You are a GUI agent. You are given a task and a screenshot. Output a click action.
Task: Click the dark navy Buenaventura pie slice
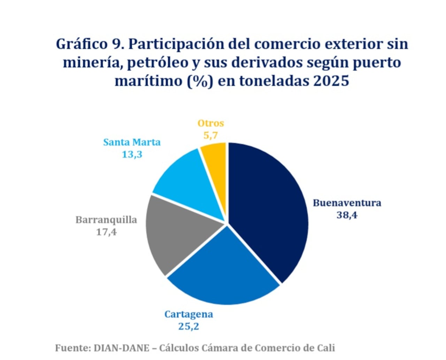pos(268,209)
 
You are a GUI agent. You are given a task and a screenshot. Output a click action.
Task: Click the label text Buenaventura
pos(347,203)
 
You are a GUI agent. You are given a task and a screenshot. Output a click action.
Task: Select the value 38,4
pos(347,215)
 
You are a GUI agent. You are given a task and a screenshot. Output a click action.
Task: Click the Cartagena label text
pos(189,314)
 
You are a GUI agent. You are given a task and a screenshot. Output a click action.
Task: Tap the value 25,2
pos(189,326)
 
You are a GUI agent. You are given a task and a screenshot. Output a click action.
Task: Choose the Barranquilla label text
pos(106,220)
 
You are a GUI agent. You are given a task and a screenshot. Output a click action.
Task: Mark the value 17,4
pos(106,232)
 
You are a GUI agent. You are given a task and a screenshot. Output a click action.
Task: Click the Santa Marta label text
pos(132,142)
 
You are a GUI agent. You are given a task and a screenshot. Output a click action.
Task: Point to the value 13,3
pos(132,154)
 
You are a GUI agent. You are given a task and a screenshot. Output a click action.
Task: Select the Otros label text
pos(211,123)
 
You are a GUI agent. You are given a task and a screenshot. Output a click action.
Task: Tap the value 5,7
pos(211,135)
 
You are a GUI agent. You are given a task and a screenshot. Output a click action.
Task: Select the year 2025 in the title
pos(331,81)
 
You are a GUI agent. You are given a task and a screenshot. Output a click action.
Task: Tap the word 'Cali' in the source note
pos(326,348)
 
